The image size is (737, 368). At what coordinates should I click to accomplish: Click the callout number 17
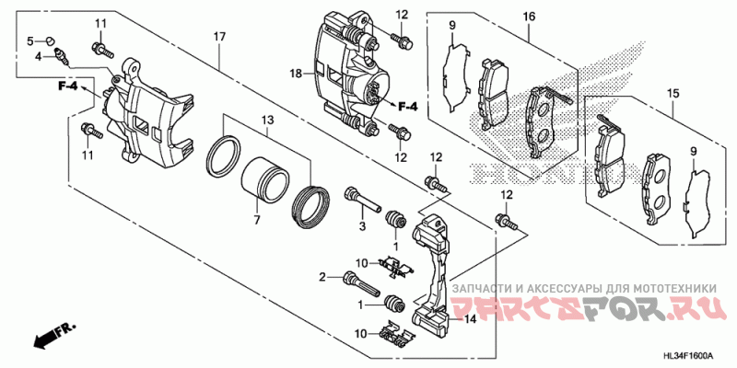coord(219,36)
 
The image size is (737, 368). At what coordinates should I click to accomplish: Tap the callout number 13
coord(267,121)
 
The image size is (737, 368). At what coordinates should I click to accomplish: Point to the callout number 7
coord(257,222)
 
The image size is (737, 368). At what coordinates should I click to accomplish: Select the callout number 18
coord(297,72)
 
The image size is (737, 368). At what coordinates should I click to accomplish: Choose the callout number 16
coord(529,17)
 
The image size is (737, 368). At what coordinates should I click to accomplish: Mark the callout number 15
coord(673,93)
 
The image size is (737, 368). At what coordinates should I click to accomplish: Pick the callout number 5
coord(29,40)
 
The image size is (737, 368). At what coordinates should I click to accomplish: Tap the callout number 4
coord(39,56)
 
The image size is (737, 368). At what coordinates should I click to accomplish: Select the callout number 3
coord(362,227)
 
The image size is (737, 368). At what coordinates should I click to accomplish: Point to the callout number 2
coord(324,276)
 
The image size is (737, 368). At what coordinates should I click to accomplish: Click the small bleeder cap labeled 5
coord(52,40)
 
